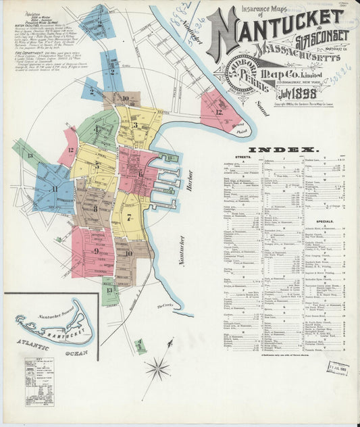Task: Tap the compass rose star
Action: [x=157, y=368]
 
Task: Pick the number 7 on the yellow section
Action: [x=128, y=217]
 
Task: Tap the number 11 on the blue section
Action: [x=54, y=189]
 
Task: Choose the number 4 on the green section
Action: [x=96, y=128]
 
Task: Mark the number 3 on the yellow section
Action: [x=135, y=124]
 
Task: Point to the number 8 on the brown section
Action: [x=95, y=209]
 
